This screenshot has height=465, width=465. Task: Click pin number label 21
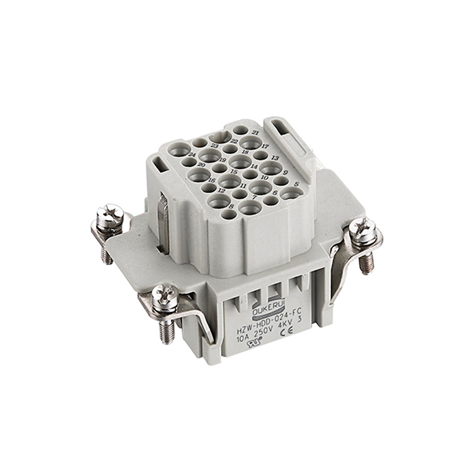click(255, 133)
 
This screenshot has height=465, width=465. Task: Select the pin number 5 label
click(296, 183)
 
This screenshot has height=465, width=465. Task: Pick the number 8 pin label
click(231, 206)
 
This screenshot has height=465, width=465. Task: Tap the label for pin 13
click(275, 158)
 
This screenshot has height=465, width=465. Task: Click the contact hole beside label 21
click(240, 130)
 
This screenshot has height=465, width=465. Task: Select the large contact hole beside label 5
click(292, 193)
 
